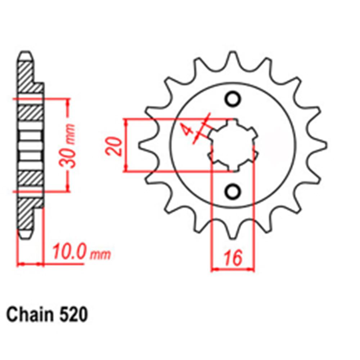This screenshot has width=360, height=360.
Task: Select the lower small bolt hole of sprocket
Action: point(232,190)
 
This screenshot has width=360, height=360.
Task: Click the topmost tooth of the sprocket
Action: point(232,58)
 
